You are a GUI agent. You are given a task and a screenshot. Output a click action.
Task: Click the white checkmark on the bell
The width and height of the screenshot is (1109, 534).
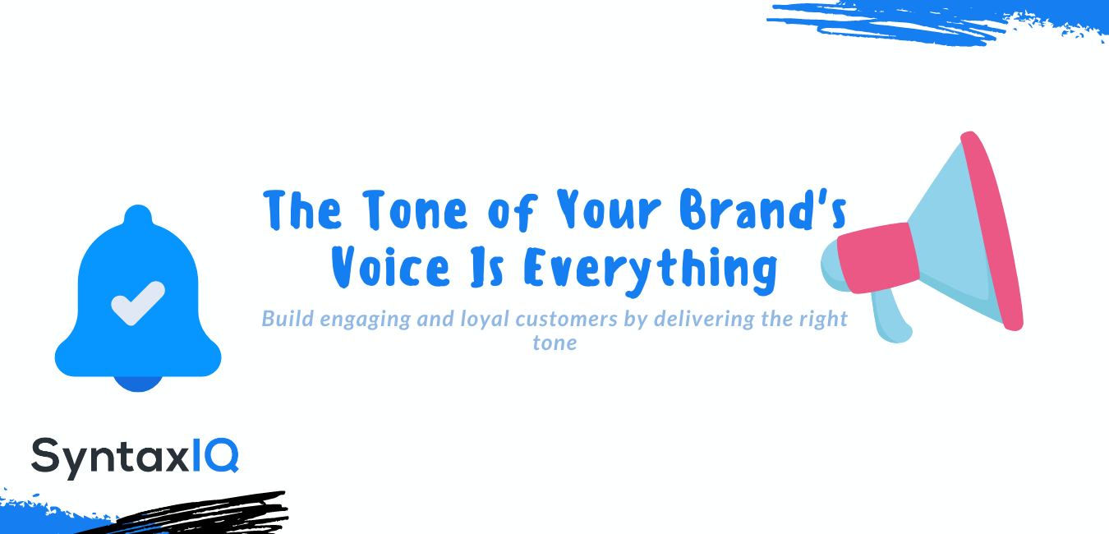138,303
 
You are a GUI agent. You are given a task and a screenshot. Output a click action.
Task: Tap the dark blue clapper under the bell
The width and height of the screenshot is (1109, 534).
138,384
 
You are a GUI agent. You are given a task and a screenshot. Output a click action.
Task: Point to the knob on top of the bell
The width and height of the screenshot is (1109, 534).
138,215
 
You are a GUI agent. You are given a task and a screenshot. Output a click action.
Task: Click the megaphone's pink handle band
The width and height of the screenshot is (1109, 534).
878,258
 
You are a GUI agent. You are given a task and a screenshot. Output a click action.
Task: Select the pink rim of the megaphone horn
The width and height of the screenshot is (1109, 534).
992,231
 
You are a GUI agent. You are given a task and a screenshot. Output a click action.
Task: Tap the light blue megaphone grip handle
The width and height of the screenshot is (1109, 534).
891,317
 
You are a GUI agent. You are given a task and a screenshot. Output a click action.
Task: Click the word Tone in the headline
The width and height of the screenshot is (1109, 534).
415,210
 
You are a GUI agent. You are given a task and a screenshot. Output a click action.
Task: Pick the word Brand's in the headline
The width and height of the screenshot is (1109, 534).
763,209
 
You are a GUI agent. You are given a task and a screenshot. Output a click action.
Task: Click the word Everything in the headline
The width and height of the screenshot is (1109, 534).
650,271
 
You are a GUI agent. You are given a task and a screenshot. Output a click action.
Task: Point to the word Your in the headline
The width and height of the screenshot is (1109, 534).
609,209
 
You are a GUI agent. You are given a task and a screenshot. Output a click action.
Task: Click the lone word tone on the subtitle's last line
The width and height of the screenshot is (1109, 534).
554,343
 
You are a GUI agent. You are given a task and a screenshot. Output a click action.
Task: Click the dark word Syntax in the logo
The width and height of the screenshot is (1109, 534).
110,458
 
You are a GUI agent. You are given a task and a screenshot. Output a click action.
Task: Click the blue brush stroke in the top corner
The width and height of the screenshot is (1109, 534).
936,22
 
